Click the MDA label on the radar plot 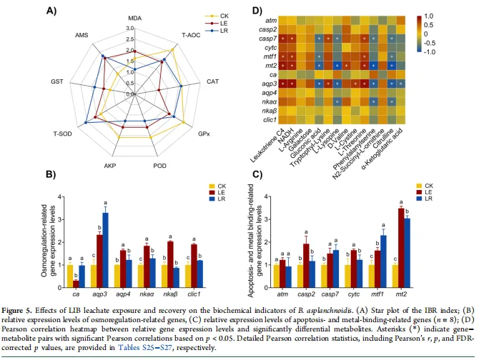pos(134,17)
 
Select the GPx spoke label pos(204,134)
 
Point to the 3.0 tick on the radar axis pos(129,29)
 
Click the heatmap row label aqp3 pos(269,84)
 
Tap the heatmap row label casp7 pos(269,43)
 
